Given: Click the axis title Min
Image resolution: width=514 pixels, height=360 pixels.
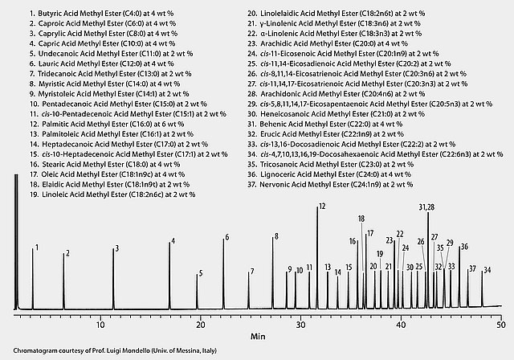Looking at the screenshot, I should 257,336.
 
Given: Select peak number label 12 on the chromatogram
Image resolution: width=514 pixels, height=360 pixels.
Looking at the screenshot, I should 321,207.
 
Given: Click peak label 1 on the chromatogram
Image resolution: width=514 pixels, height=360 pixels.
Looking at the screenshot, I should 36,249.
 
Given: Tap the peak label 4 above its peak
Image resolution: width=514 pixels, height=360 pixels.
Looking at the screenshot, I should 172,243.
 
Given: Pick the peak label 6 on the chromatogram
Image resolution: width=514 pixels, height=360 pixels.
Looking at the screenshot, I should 226,237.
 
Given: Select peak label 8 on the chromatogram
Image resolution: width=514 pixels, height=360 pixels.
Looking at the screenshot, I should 275,236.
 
